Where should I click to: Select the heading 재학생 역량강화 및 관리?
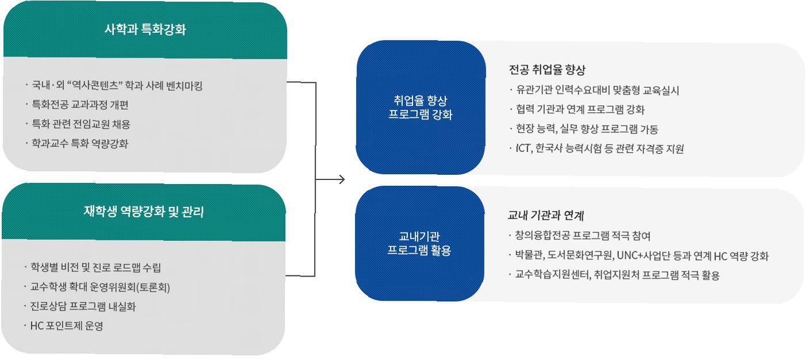(144, 212)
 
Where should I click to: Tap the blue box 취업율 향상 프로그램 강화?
(421, 108)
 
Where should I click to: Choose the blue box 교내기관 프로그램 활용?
(421, 243)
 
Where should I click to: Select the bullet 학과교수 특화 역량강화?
(80, 143)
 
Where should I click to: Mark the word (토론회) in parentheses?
(151, 287)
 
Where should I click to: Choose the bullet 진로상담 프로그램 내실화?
(83, 306)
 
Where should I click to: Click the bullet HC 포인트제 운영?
(67, 325)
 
